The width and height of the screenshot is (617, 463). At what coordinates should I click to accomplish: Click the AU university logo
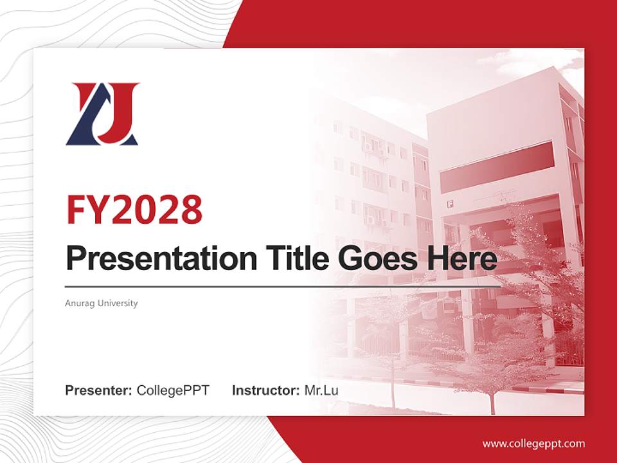pos(102,114)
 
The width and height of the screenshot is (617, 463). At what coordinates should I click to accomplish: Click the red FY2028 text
pos(134,210)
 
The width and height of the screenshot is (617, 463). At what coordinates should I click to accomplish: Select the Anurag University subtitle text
pos(102,303)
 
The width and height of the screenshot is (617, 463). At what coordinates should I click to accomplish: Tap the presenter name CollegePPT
pos(173,390)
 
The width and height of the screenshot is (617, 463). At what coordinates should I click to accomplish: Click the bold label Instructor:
pos(265,390)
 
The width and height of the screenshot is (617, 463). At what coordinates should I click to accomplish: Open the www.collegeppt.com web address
pos(533,443)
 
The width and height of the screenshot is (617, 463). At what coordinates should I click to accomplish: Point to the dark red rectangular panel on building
pos(496,158)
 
